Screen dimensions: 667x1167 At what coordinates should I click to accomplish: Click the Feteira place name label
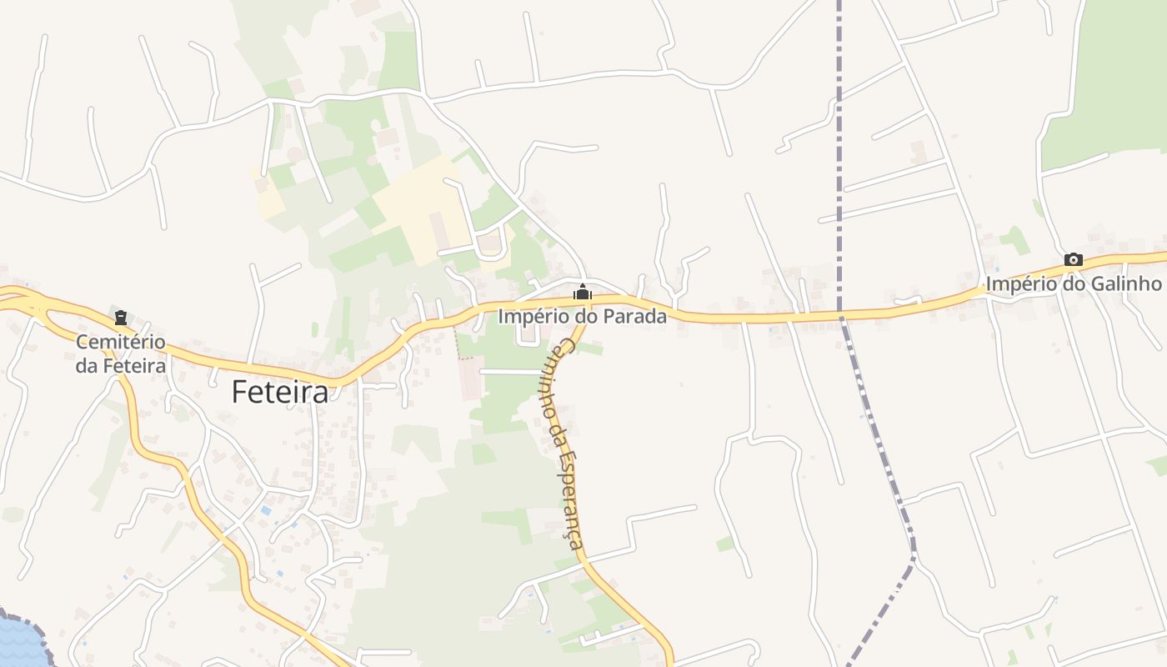[280, 391]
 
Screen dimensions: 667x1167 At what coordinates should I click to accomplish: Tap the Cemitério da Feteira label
[121, 354]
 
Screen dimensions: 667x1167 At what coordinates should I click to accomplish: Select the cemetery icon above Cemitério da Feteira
[121, 317]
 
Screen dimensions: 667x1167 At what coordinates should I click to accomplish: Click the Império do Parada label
[583, 316]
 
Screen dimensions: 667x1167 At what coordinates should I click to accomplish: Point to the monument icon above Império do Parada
[583, 293]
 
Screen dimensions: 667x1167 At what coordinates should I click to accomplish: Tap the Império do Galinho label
[1074, 283]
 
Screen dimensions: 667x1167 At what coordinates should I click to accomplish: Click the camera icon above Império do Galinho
[1074, 260]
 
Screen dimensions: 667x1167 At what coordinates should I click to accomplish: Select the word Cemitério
[121, 342]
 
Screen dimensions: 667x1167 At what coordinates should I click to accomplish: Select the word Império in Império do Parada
[529, 316]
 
